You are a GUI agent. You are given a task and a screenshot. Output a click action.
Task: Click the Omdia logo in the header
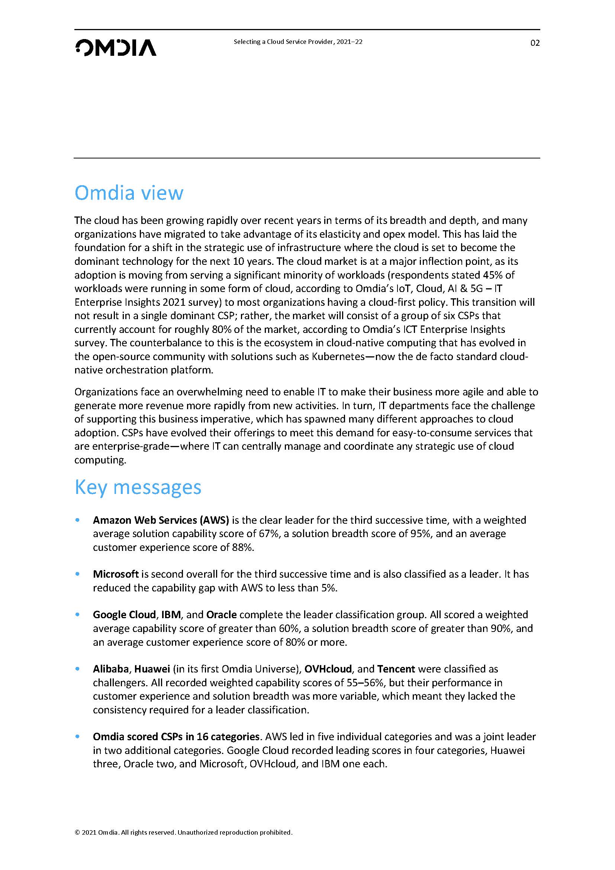[x=116, y=48]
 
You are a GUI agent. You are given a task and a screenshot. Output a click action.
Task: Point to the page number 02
[x=535, y=43]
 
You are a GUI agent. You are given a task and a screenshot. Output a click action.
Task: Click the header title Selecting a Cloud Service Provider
[x=298, y=42]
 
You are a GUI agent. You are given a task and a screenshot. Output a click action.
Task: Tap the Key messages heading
[x=138, y=487]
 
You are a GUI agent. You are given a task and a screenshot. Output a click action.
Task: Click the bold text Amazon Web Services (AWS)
[x=161, y=520]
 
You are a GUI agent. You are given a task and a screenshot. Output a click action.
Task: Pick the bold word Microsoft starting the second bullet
[x=116, y=574]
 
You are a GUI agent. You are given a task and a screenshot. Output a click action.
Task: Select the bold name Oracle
[x=222, y=614]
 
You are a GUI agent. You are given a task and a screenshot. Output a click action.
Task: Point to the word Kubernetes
[x=338, y=357]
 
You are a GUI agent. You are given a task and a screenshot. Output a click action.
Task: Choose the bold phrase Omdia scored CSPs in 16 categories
[x=176, y=736]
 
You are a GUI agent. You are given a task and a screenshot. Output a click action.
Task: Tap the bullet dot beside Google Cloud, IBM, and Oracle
[x=78, y=614]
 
